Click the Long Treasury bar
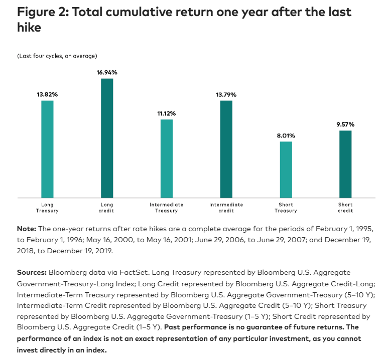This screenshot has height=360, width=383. [x=47, y=149]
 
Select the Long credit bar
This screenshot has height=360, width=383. [x=107, y=138]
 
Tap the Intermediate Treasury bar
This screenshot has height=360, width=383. [x=167, y=158]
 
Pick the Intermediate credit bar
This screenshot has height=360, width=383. [x=226, y=149]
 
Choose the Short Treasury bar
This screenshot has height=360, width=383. [x=286, y=169]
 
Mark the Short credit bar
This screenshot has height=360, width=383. [x=345, y=164]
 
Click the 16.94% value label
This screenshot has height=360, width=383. [x=107, y=73]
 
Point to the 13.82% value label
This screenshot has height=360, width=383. [x=47, y=95]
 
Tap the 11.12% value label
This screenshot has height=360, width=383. [x=167, y=113]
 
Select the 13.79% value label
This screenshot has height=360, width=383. [x=226, y=95]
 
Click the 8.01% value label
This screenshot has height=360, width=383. [x=286, y=135]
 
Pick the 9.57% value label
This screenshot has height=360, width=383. [x=345, y=124]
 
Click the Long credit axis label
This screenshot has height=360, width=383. [x=107, y=208]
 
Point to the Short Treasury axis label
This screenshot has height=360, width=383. [x=286, y=208]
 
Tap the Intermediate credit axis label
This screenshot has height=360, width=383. [x=226, y=208]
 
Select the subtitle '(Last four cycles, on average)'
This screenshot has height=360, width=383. [x=57, y=55]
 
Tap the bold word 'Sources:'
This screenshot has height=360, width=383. [x=33, y=273]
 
